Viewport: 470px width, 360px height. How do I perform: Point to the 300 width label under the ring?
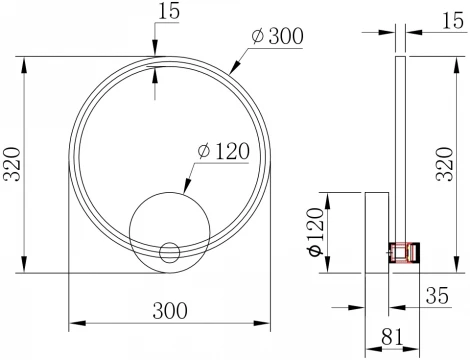pos(170,310)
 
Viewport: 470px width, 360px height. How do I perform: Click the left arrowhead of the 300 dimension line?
pos(73,325)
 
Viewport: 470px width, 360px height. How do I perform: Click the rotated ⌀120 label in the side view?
pos(313,232)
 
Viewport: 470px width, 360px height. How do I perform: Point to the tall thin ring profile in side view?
pos(399,150)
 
